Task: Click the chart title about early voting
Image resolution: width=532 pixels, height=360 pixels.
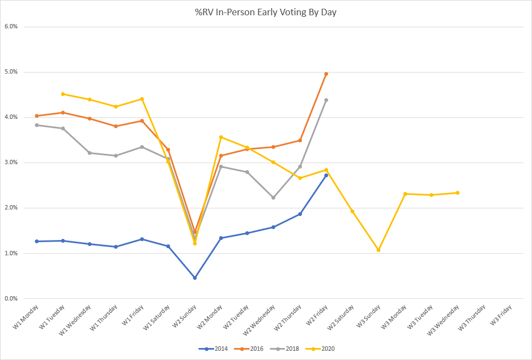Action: coord(265,11)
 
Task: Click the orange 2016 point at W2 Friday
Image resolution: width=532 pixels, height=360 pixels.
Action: coord(326,74)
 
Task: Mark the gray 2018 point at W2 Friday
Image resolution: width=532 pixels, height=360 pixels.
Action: coord(326,100)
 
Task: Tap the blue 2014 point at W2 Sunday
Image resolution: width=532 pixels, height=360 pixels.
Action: coord(195,278)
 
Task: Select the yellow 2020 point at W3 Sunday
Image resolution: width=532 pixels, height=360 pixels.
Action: coord(378,250)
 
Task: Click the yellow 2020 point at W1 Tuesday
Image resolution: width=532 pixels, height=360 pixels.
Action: coord(63,94)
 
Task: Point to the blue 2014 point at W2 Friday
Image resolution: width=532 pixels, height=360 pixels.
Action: coord(326,175)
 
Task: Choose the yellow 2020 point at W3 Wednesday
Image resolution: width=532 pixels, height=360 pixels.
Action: coord(457,193)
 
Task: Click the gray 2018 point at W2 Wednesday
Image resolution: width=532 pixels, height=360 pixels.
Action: coord(273,197)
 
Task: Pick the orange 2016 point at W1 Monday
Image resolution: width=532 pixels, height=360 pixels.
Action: coord(37,116)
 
